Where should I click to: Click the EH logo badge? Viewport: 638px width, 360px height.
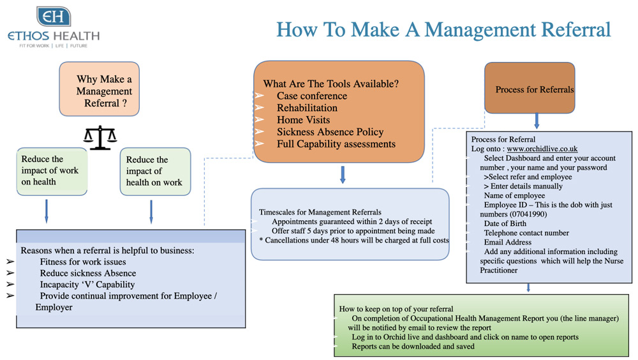pyautogui.click(x=54, y=17)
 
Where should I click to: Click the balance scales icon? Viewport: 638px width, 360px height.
pyautogui.click(x=100, y=138)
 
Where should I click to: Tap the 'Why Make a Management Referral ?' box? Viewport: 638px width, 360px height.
pyautogui.click(x=100, y=89)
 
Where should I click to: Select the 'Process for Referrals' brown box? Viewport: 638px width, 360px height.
pyautogui.click(x=530, y=87)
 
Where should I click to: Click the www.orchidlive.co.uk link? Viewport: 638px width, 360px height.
pyautogui.click(x=542, y=149)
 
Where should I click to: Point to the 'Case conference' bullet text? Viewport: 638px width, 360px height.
pyautogui.click(x=312, y=96)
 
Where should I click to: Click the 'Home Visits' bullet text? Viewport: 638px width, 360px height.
pyautogui.click(x=303, y=120)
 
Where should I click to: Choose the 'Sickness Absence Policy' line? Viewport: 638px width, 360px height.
pyautogui.click(x=330, y=132)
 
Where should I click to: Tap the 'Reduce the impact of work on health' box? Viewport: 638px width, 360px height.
pyautogui.click(x=52, y=171)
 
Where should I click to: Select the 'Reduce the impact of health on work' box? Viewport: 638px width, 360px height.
pyautogui.click(x=155, y=172)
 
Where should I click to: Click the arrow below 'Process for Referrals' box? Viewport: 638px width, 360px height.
pyautogui.click(x=537, y=121)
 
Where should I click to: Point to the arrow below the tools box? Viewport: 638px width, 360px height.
pyautogui.click(x=343, y=174)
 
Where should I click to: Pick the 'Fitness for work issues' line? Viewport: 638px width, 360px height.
pyautogui.click(x=82, y=262)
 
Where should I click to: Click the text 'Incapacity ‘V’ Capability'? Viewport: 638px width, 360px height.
pyautogui.click(x=87, y=285)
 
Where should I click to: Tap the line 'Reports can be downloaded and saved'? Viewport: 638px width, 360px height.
pyautogui.click(x=413, y=347)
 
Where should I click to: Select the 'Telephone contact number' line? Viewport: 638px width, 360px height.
pyautogui.click(x=526, y=233)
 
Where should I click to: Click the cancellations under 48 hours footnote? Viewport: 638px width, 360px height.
pyautogui.click(x=354, y=240)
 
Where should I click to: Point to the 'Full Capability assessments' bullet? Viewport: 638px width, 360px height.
pyautogui.click(x=336, y=144)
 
